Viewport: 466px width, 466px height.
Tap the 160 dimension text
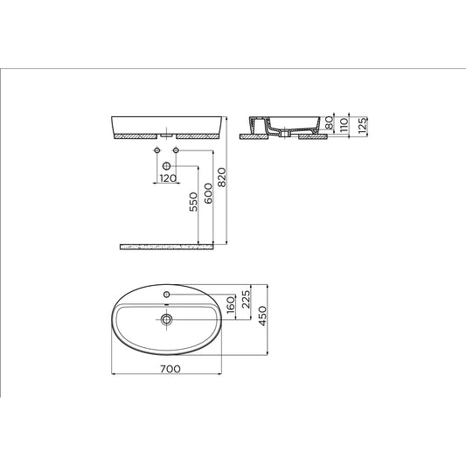pyautogui.click(x=230, y=307)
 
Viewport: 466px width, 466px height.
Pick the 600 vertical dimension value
pyautogui.click(x=209, y=194)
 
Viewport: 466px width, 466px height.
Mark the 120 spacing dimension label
pyautogui.click(x=166, y=177)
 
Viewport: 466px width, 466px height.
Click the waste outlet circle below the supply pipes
pyautogui.click(x=166, y=164)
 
